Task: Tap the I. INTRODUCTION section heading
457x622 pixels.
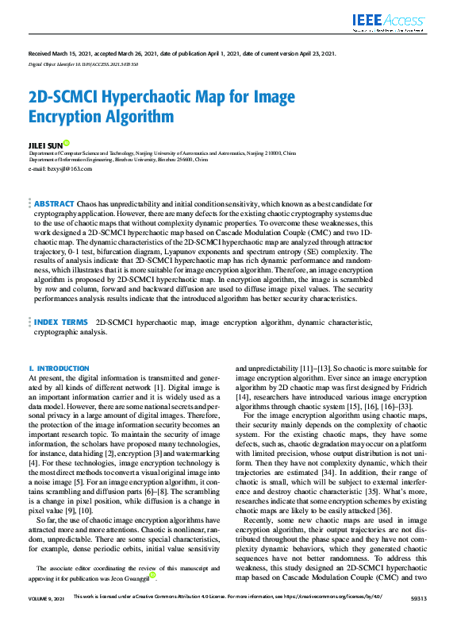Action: (x=60, y=369)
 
